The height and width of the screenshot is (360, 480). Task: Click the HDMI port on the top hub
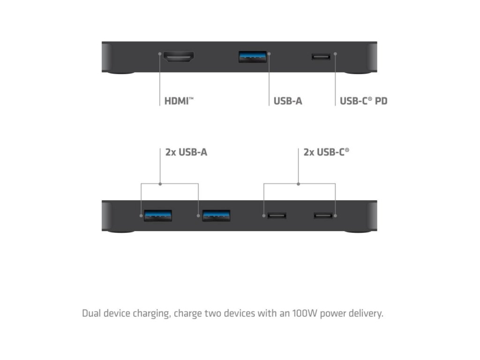pos(179,58)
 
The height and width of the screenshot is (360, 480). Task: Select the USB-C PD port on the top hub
pos(321,57)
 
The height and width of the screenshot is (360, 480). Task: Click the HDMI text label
pos(179,101)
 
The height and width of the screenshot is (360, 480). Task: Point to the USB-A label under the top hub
pos(288,101)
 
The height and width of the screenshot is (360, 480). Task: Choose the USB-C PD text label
pos(363,101)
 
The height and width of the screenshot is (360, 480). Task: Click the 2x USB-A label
pos(186,152)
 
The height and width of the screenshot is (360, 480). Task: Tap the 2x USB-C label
pos(326,152)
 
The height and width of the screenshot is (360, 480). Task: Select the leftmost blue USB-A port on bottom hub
pos(157,215)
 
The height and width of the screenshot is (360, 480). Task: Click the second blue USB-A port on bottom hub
pos(216,215)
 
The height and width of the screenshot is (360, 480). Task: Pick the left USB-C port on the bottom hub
pos(277,216)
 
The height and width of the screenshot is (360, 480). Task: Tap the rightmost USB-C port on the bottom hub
pos(323,216)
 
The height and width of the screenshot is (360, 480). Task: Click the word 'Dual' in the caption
pos(91,313)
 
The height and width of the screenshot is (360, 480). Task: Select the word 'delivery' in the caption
pos(367,313)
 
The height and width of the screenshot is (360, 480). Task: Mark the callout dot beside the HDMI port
pos(160,54)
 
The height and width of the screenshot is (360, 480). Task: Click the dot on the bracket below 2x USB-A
pos(160,184)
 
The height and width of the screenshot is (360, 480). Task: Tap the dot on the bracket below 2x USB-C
pos(299,184)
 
